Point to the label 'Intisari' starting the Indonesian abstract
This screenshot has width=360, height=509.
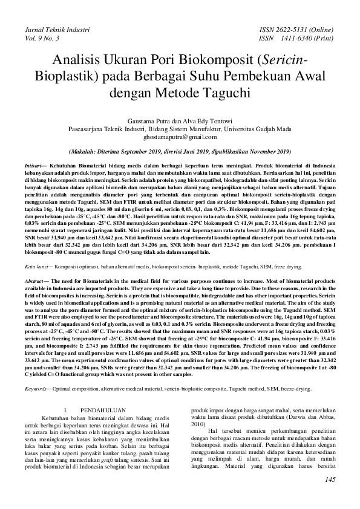(x=34, y=165)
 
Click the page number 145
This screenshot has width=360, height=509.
(x=330, y=480)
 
